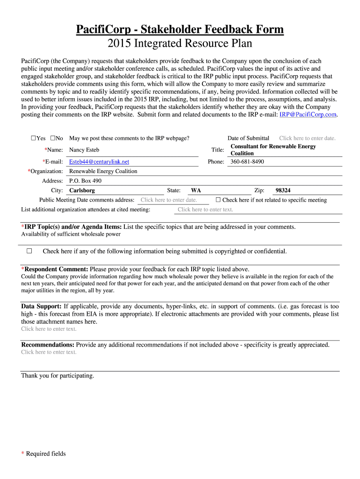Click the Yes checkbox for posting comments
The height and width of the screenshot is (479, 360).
(34, 138)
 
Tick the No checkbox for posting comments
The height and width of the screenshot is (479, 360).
(53, 138)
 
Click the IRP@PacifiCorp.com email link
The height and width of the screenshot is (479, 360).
(308, 115)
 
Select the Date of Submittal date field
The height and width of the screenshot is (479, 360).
(307, 138)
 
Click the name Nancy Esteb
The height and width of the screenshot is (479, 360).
(84, 150)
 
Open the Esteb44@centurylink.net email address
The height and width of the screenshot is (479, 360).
(99, 162)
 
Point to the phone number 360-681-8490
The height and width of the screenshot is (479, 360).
(247, 162)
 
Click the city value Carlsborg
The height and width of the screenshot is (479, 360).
(82, 191)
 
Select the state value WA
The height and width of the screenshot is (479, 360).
(196, 191)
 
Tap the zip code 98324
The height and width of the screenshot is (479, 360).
(283, 191)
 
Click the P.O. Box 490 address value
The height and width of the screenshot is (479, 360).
(85, 181)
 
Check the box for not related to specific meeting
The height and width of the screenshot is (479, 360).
(218, 200)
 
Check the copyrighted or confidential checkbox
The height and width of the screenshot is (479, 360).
(29, 251)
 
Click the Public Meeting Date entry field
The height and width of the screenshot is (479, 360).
(169, 200)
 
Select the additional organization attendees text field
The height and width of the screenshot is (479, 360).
(205, 210)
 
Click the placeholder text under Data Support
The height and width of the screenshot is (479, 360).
(49, 329)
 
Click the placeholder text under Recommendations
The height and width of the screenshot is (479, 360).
(49, 352)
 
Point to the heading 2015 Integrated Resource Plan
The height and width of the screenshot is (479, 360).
(180, 44)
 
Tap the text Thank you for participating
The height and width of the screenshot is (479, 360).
(58, 376)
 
